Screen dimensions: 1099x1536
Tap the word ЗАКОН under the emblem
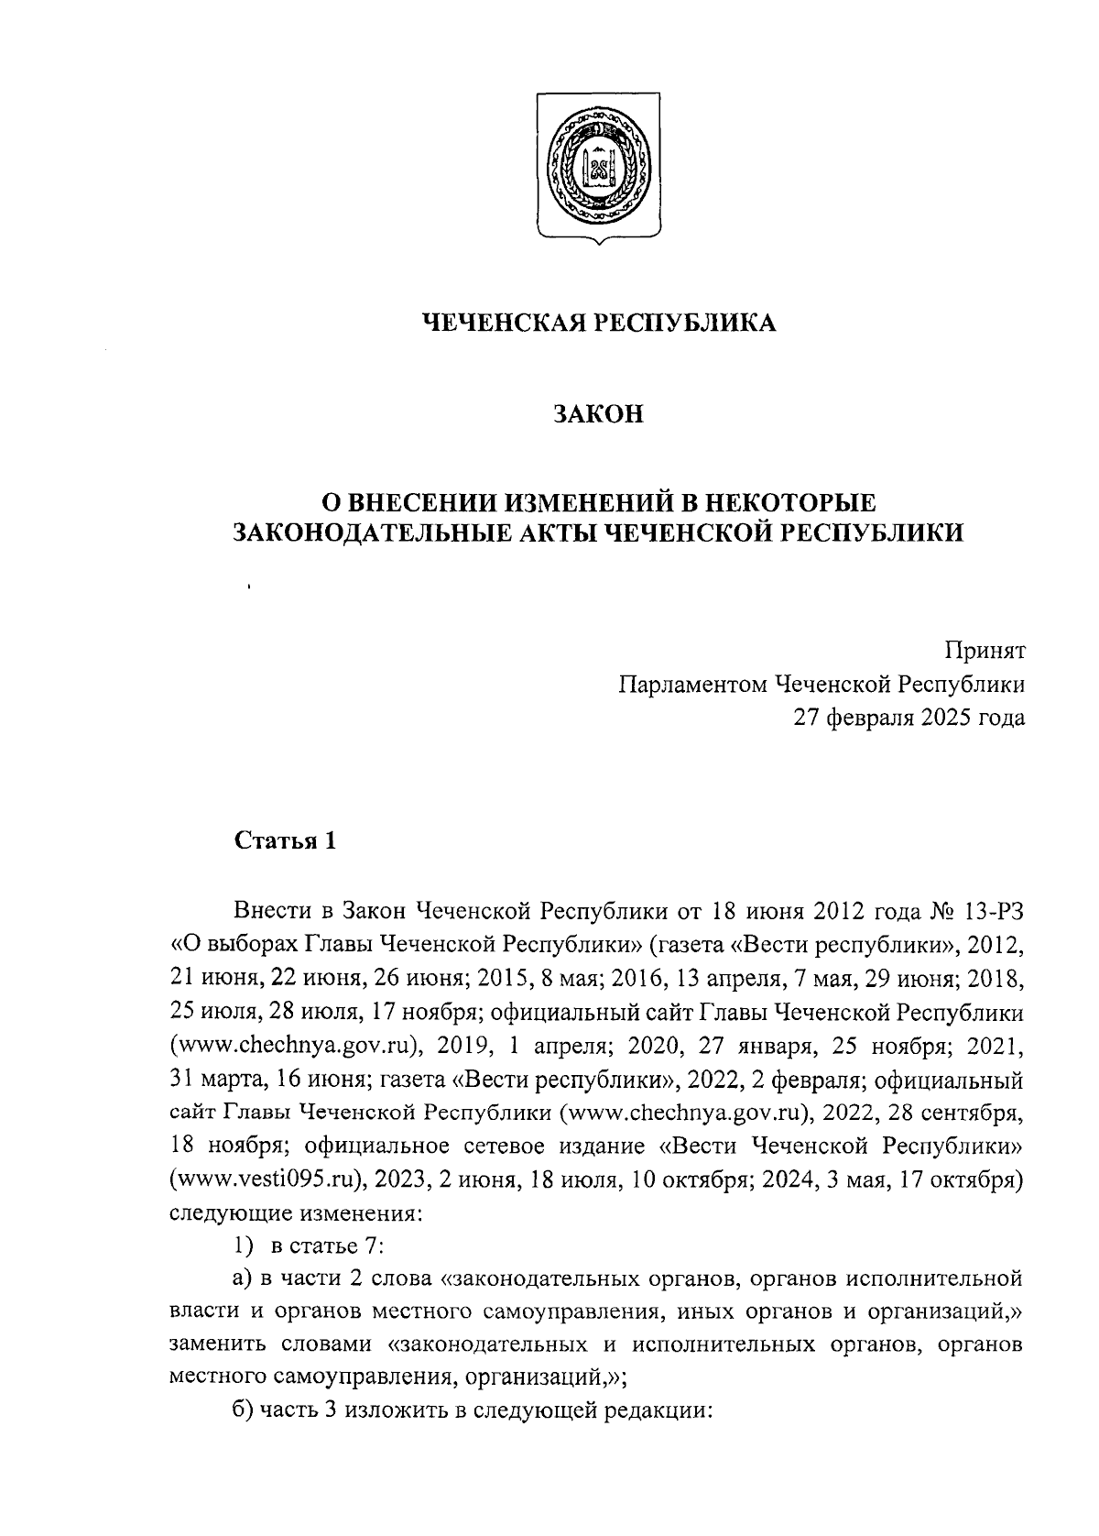pyautogui.click(x=599, y=414)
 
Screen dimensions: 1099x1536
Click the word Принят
pyautogui.click(x=985, y=651)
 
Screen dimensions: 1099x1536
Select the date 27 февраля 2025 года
pyautogui.click(x=909, y=718)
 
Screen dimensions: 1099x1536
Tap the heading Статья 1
pyautogui.click(x=286, y=840)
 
